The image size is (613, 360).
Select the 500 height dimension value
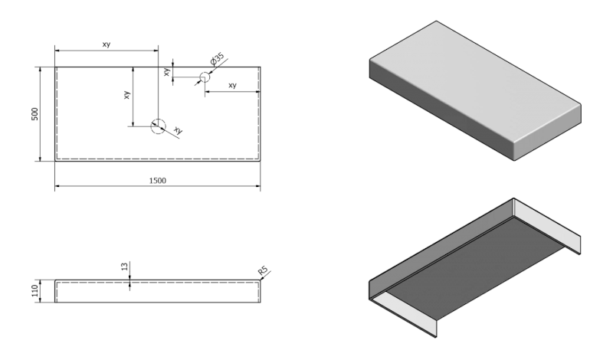pyautogui.click(x=34, y=113)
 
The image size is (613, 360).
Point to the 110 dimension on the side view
pyautogui.click(x=34, y=292)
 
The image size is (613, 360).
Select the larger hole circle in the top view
pyautogui.click(x=158, y=126)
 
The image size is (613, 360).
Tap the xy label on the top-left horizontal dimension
pyautogui.click(x=107, y=44)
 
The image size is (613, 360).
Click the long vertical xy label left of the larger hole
pyautogui.click(x=127, y=96)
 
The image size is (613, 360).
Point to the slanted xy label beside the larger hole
pyautogui.click(x=178, y=130)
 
